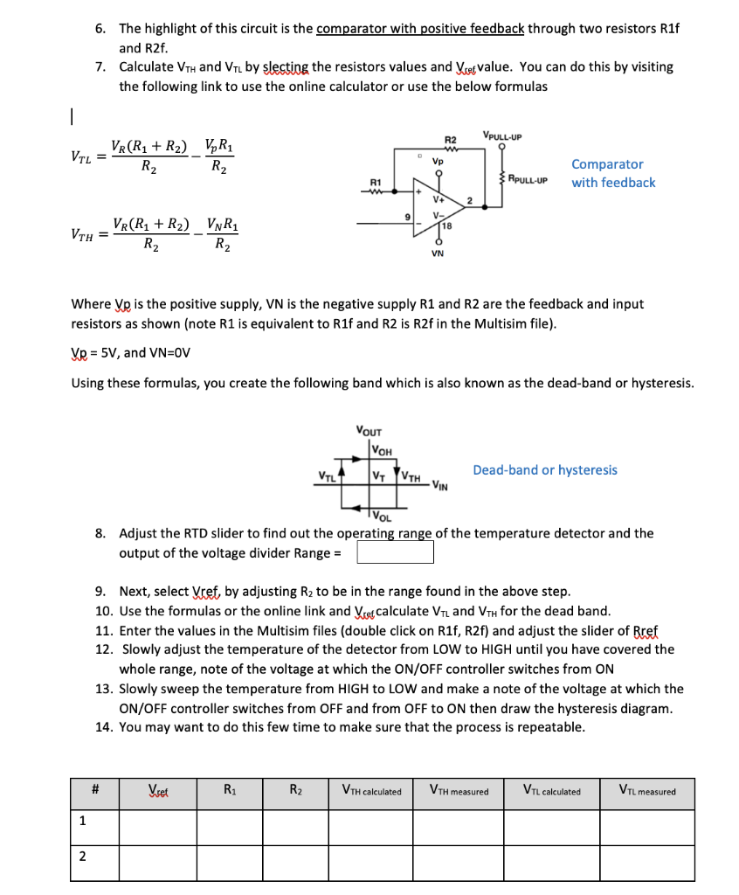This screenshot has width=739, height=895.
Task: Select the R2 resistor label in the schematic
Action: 450,140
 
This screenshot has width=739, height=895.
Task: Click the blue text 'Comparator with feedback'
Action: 612,173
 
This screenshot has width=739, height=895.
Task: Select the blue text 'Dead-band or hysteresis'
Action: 544,470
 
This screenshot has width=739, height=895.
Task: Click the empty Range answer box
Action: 394,553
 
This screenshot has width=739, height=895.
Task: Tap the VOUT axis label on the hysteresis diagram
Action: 369,430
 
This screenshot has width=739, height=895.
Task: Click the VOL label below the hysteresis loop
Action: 385,516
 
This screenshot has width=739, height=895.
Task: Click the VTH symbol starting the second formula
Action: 82,235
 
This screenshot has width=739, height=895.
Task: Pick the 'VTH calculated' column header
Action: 371,792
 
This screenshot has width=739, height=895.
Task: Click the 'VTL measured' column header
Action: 647,792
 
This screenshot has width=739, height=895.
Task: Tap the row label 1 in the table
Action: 82,821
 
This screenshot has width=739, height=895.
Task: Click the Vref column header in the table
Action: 160,792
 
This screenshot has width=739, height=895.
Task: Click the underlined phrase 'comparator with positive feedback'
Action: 419,29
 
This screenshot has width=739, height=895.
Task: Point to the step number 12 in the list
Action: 105,649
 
